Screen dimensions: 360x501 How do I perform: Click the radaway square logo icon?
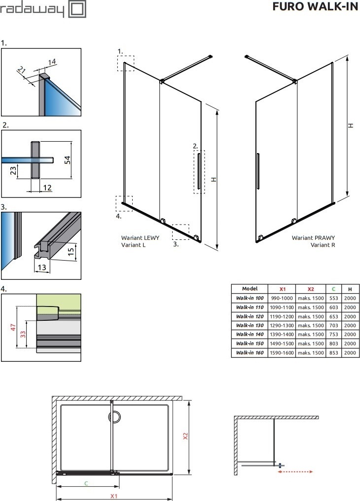pyautogui.click(x=77, y=9)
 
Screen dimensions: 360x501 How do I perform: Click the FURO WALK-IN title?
pyautogui.click(x=315, y=7)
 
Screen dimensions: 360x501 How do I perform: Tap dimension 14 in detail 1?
pyautogui.click(x=52, y=61)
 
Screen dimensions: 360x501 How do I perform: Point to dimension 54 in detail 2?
pyautogui.click(x=68, y=160)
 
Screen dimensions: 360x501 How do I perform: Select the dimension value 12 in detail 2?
pyautogui.click(x=47, y=188)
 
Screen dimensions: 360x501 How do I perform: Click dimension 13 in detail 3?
pyautogui.click(x=42, y=267)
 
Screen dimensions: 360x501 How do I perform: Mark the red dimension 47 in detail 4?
pyautogui.click(x=13, y=327)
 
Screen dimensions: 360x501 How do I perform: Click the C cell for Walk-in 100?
pyautogui.click(x=333, y=298)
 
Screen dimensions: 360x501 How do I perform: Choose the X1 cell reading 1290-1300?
pyautogui.click(x=282, y=325)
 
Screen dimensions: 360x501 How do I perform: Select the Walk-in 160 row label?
pyautogui.click(x=250, y=353)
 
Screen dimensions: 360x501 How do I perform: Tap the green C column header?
pyautogui.click(x=333, y=289)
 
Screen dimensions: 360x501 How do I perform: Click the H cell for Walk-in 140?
pyautogui.click(x=350, y=334)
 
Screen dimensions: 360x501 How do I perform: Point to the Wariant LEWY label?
pyautogui.click(x=140, y=238)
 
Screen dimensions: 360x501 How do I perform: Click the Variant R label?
pyautogui.click(x=323, y=245)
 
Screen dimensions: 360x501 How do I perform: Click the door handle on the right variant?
pyautogui.click(x=258, y=171)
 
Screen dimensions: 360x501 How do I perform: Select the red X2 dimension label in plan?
pyautogui.click(x=185, y=436)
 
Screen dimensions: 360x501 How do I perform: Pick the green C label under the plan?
pyautogui.click(x=86, y=483)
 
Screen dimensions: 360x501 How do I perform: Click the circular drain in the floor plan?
pyautogui.click(x=114, y=417)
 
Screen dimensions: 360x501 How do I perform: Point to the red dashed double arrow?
pyautogui.click(x=295, y=471)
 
